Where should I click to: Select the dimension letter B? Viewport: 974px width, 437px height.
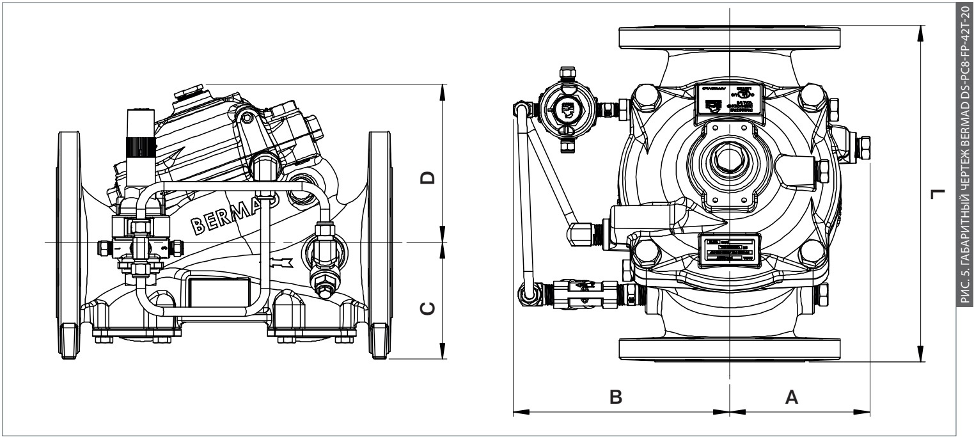click(615, 397)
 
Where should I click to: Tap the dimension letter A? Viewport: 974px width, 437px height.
click(791, 397)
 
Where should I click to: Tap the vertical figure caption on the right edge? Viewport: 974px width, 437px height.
click(965, 218)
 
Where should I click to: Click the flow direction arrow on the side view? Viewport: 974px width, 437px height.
click(278, 262)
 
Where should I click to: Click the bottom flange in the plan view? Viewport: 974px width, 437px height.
click(730, 349)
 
